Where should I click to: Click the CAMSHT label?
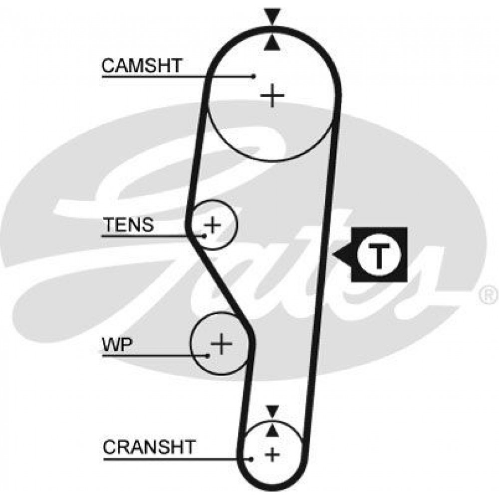click(142, 65)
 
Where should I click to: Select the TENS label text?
click(129, 225)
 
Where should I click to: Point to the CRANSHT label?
click(149, 447)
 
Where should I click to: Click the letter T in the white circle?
click(378, 255)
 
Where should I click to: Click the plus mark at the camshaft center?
click(272, 95)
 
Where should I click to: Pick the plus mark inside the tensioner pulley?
click(213, 225)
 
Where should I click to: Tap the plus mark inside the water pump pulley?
click(222, 343)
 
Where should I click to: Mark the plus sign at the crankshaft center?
click(272, 454)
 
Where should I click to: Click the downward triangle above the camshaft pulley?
click(272, 15)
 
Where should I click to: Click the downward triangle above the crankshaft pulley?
click(272, 411)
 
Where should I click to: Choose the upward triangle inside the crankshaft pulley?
click(272, 430)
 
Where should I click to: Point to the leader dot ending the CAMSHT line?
click(253, 76)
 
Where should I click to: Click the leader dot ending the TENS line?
click(205, 236)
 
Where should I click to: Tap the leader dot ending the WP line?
click(208, 355)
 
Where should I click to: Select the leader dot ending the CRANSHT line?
click(251, 459)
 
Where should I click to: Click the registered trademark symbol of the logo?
click(489, 295)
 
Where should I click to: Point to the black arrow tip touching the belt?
click(334, 254)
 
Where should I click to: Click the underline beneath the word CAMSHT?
click(177, 76)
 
